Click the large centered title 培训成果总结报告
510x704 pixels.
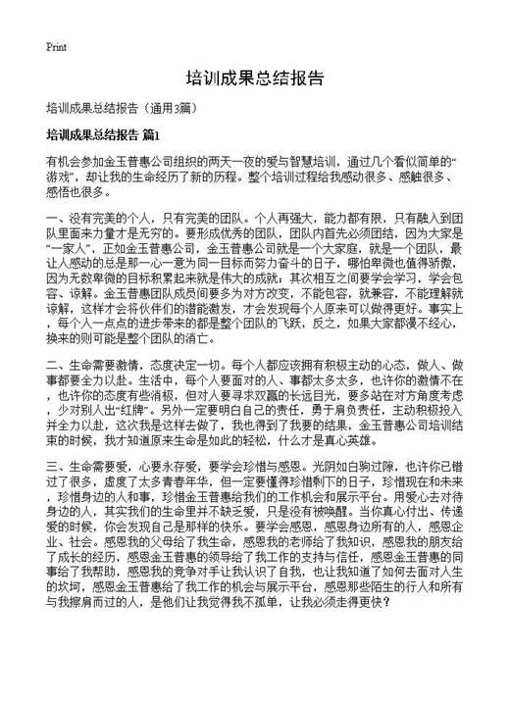point(254,77)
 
